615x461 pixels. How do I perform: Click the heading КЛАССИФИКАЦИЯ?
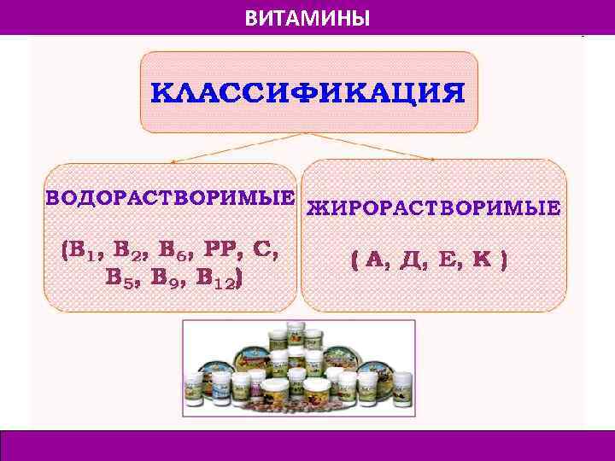click(308, 92)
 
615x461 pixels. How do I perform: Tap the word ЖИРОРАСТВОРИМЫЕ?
click(433, 207)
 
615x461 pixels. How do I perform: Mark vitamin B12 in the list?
click(220, 278)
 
